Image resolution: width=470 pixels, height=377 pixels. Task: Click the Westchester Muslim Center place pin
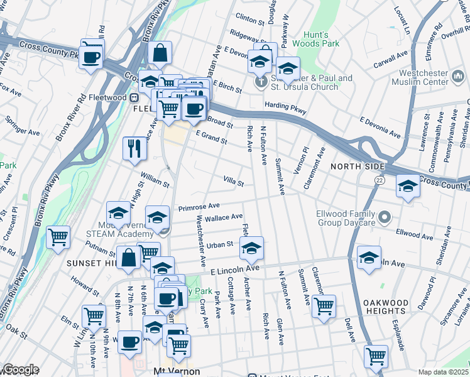click(x=457, y=77)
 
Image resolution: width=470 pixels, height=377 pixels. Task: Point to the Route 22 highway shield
click(x=380, y=180)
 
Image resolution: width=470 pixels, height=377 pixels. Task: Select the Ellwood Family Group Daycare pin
click(x=386, y=219)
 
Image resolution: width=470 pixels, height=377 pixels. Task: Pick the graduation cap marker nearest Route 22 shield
click(x=408, y=186)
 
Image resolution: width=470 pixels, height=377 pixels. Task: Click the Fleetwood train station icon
click(x=134, y=98)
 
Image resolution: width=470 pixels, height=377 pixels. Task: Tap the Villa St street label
click(x=233, y=182)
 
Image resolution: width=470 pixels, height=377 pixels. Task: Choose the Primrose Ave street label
click(x=199, y=205)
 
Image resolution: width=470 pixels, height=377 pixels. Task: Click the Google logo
click(x=20, y=369)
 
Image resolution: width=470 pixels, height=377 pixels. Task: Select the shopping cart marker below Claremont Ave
click(x=324, y=307)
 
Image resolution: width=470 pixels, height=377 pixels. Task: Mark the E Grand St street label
click(x=211, y=137)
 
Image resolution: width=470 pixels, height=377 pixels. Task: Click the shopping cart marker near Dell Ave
click(x=376, y=356)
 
